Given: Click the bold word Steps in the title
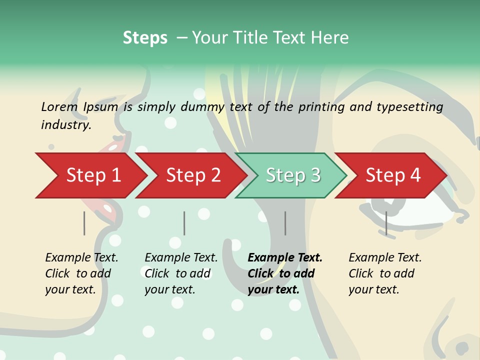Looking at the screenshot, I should coord(145,38).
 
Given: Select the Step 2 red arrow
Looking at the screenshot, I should coord(193,175).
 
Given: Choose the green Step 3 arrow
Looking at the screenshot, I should coord(292,175).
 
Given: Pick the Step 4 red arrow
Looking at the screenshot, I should coord(393,175).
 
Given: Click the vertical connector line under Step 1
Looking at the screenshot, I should coord(84,223).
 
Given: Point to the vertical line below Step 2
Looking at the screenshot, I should coord(184,223).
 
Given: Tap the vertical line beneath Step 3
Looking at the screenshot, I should coord(285,223).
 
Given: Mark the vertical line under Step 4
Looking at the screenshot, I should coord(386,223).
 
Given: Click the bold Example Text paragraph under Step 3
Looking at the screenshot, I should coord(285,273).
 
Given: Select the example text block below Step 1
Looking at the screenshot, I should coord(81,273).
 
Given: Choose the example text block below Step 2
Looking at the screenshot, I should coord(181,273).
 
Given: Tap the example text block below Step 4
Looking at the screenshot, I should coord(385,273).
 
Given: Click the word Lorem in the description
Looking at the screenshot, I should coord(59,106).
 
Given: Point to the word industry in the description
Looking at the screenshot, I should coord(66,125).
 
